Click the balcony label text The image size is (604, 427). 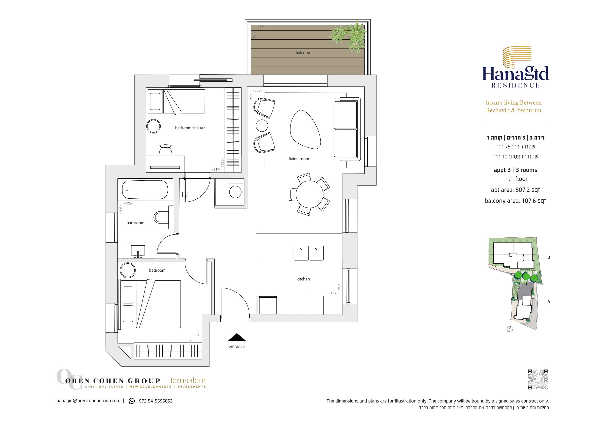pyautogui.click(x=303, y=53)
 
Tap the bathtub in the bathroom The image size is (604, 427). pyautogui.click(x=145, y=190)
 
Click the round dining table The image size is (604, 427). pyautogui.click(x=310, y=194)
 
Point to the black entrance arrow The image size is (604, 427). pyautogui.click(x=237, y=337)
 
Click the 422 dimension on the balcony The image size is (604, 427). pyautogui.click(x=261, y=28)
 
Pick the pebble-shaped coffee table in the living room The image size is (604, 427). pyautogui.click(x=305, y=129)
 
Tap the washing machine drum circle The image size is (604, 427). pyautogui.click(x=235, y=192)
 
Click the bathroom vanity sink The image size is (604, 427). pyautogui.click(x=138, y=251)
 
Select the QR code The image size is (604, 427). pyautogui.click(x=538, y=379)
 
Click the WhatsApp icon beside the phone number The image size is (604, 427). pyautogui.click(x=132, y=401)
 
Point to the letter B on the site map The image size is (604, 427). pyautogui.click(x=549, y=257)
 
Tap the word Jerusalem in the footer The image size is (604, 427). pyautogui.click(x=187, y=380)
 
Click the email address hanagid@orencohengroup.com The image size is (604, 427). pyautogui.click(x=88, y=401)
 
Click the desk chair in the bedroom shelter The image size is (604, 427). pyautogui.click(x=165, y=150)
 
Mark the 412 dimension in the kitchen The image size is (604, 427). pyautogui.click(x=333, y=293)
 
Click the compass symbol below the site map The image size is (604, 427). pyautogui.click(x=510, y=329)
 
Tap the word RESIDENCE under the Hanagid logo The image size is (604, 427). pyautogui.click(x=516, y=85)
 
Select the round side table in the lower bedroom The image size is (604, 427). pyautogui.click(x=128, y=270)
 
